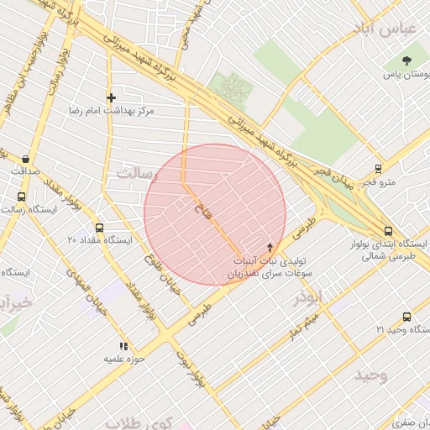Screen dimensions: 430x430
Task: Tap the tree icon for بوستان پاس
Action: click(407, 60)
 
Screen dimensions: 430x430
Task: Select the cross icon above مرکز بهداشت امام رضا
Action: click(110, 97)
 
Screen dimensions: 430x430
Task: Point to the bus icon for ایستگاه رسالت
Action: click(21, 197)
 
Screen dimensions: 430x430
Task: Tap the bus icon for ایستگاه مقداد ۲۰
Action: click(100, 228)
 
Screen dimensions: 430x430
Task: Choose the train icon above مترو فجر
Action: click(380, 168)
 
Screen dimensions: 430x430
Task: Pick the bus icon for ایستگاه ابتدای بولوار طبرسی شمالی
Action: click(387, 231)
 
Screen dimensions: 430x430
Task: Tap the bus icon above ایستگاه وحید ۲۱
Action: click(407, 317)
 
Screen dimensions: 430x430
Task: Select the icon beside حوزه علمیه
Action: click(123, 346)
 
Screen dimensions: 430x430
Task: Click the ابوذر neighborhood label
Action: click(307, 297)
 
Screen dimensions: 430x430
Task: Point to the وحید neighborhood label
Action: click(370, 374)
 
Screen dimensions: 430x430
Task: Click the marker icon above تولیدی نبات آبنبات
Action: click(270, 248)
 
